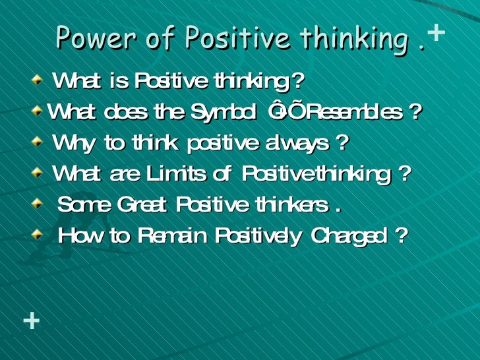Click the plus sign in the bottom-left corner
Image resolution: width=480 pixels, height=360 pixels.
(31, 321)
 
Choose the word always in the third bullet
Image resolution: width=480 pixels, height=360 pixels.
(304, 143)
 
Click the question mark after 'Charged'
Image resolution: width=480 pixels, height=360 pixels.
(400, 235)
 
